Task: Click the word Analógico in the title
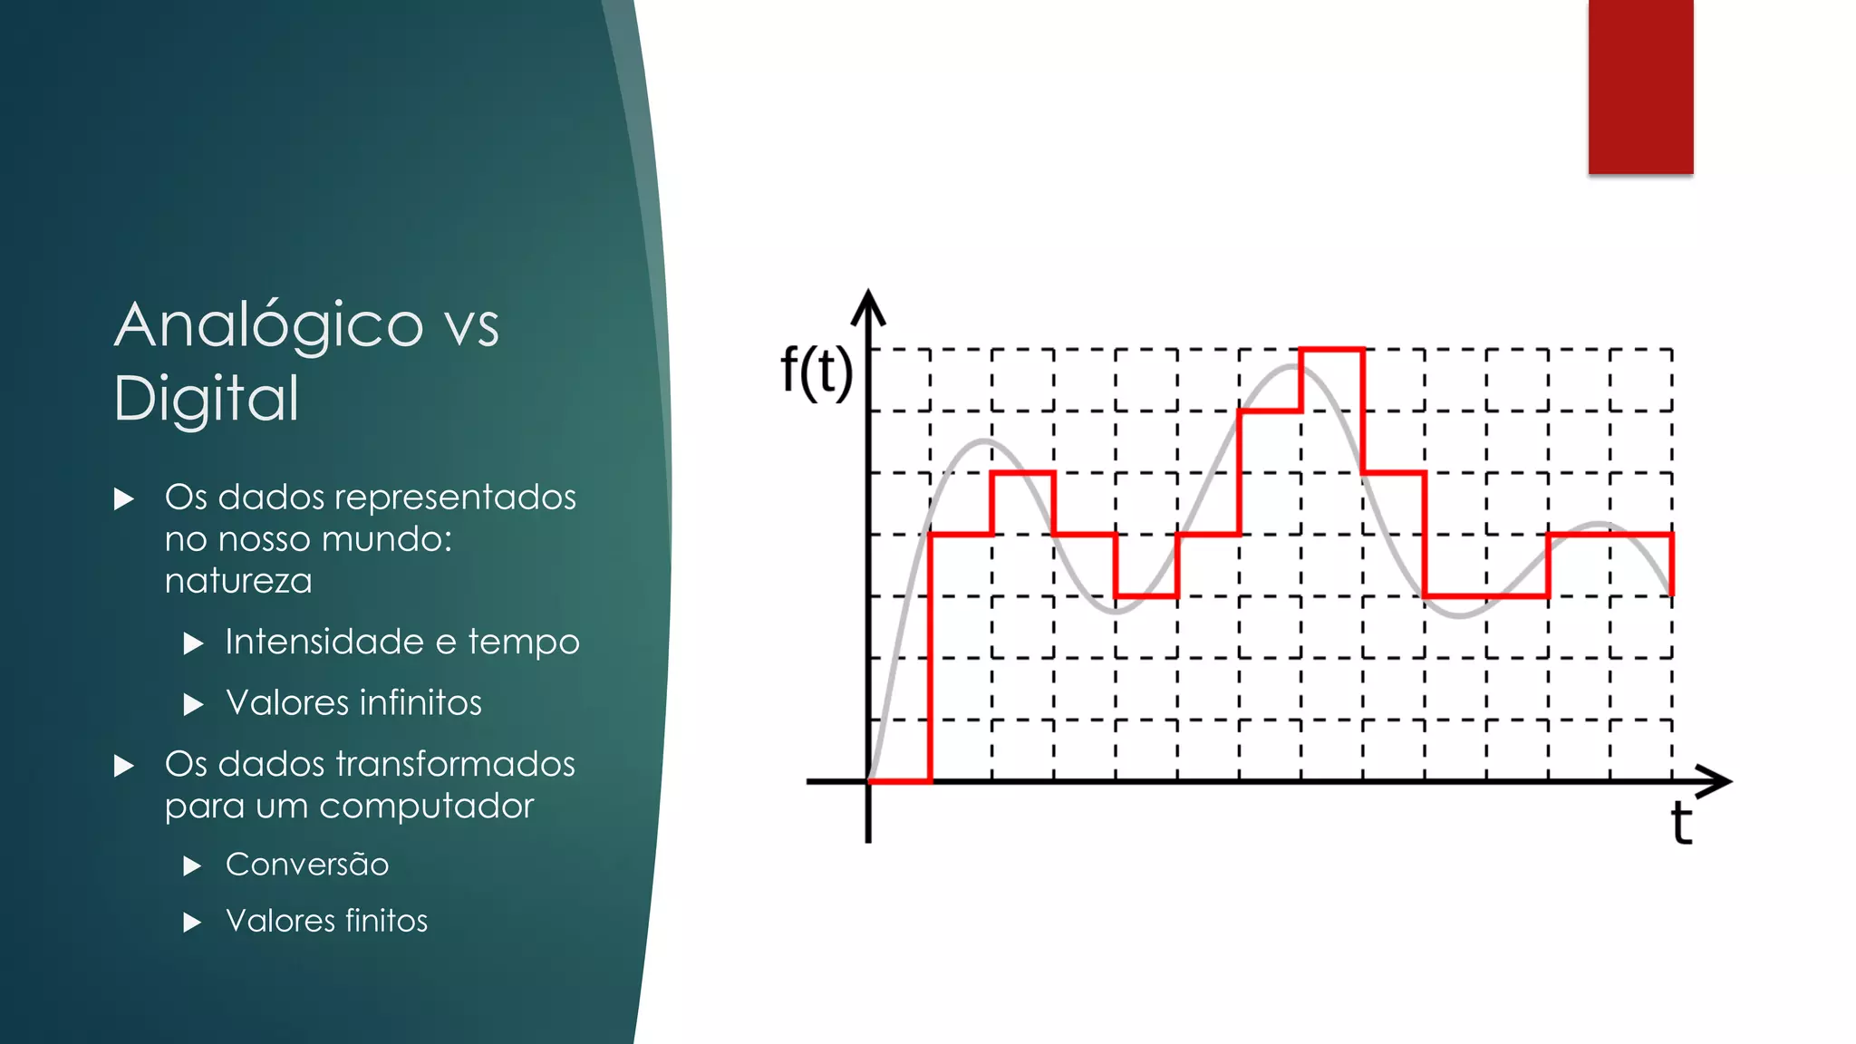tap(269, 324)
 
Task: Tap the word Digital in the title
tap(207, 399)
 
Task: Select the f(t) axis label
tap(817, 371)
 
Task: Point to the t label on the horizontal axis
tap(1681, 823)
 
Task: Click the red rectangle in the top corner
tap(1640, 86)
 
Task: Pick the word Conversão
tap(307, 865)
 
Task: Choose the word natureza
tap(238, 581)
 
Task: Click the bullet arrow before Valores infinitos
tap(193, 704)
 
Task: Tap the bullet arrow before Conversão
tap(192, 865)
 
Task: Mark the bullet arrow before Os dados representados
tap(124, 498)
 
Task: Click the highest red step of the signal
tap(1331, 349)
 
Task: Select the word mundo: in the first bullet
tap(386, 539)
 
